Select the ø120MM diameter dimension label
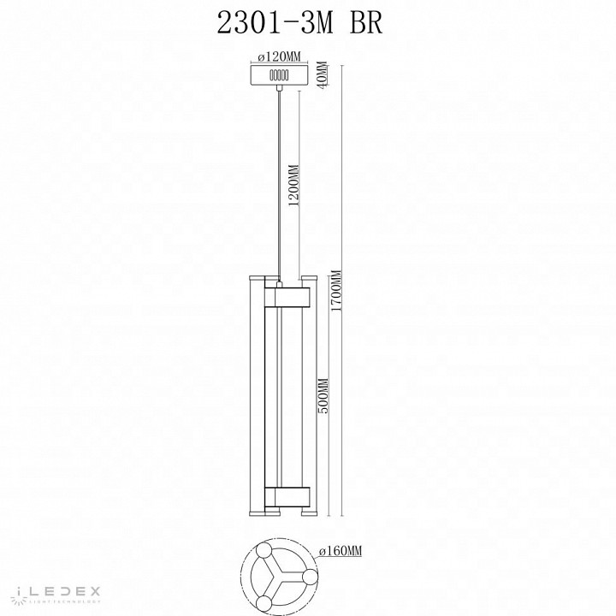(x=279, y=56)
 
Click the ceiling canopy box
(x=279, y=75)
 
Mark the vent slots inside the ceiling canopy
(x=279, y=75)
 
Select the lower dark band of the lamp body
(x=287, y=496)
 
